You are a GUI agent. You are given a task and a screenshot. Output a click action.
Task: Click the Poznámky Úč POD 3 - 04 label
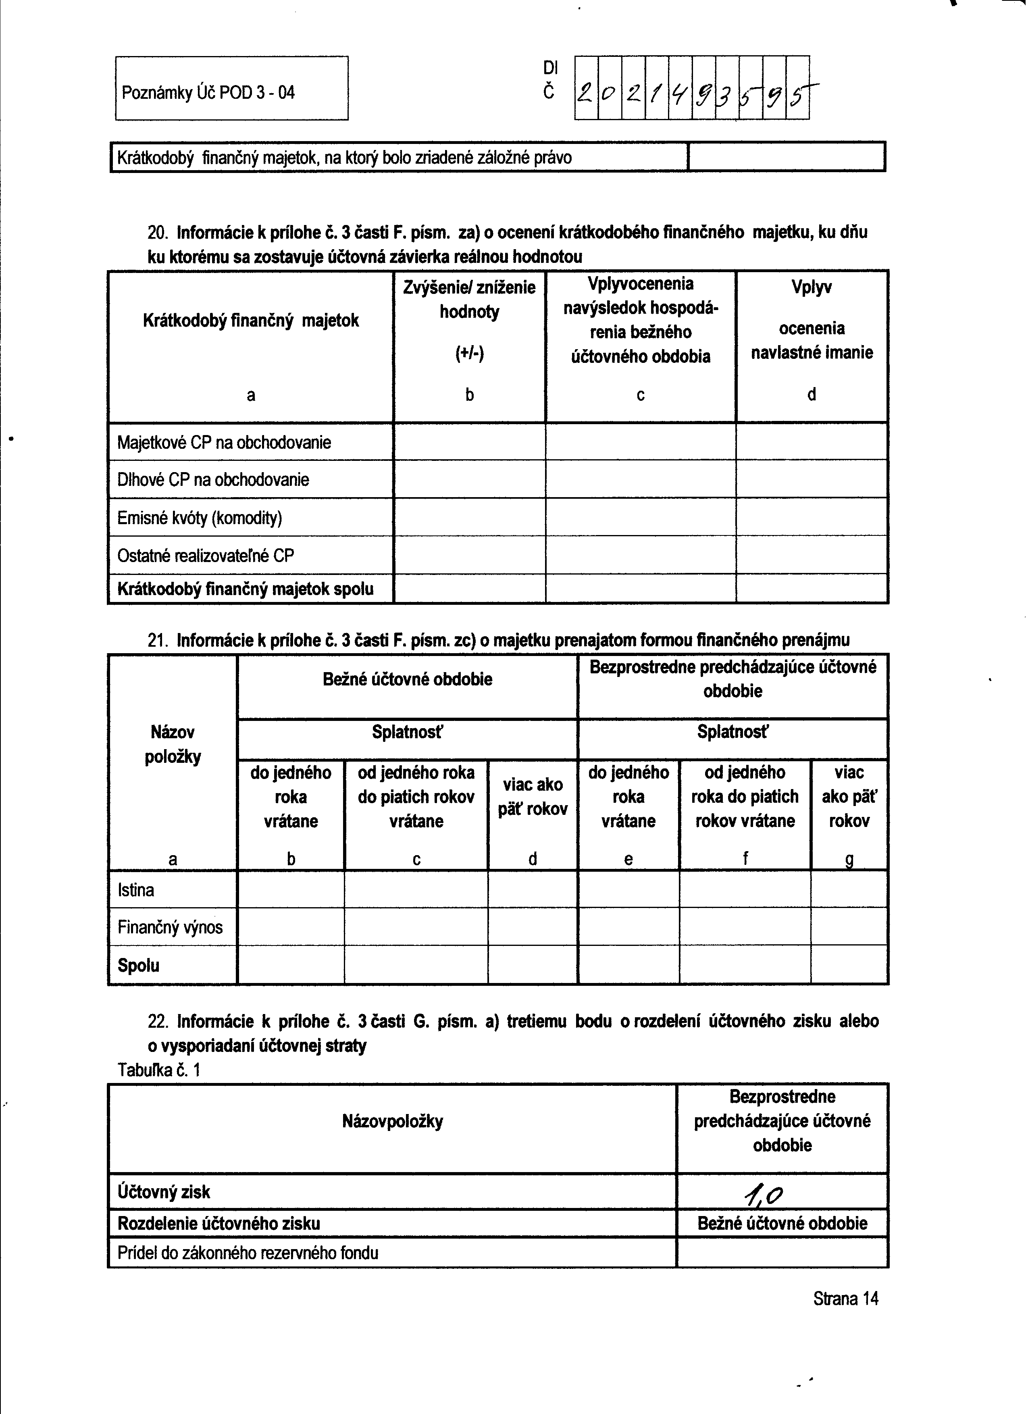coord(208,94)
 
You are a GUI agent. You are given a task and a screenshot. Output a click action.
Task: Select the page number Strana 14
coord(845,1299)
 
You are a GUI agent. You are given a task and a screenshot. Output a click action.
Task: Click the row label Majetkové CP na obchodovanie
coord(224,443)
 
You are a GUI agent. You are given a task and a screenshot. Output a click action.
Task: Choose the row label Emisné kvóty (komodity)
coord(200,518)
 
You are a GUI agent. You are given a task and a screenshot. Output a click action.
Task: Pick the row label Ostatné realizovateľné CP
coord(205,556)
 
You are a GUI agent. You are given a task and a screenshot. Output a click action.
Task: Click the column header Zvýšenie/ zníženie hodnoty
coord(469,299)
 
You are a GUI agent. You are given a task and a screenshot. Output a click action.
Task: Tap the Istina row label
coord(135,890)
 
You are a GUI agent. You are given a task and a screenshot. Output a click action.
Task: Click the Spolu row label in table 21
coord(138,966)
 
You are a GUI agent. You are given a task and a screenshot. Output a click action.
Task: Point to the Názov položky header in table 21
coord(173,744)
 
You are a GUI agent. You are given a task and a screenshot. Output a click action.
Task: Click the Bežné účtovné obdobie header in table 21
coord(407,679)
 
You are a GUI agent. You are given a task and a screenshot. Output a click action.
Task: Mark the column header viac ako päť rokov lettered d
coord(533,797)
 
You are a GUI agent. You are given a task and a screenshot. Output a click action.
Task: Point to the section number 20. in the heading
coord(157,233)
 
